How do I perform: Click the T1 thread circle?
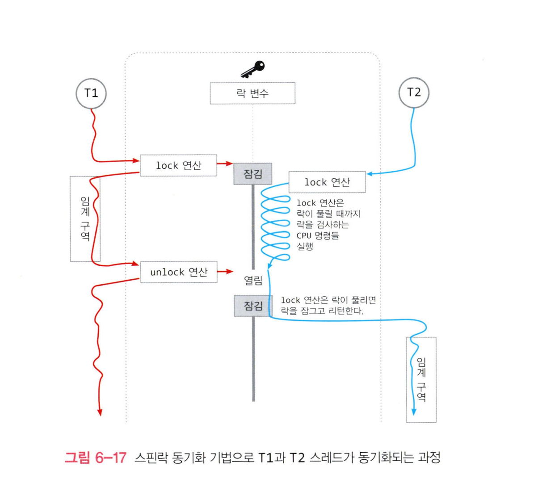(91, 93)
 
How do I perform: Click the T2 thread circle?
(414, 92)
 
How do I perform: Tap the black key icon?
(252, 69)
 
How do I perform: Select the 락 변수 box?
(252, 93)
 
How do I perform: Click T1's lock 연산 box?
(178, 165)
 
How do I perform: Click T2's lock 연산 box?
(327, 182)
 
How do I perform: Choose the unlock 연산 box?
(178, 272)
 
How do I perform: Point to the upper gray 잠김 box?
(253, 174)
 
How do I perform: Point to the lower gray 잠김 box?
(253, 306)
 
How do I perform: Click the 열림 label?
(253, 281)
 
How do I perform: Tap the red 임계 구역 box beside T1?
(85, 218)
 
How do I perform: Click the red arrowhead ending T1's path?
(100, 412)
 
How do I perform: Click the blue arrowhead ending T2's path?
(414, 411)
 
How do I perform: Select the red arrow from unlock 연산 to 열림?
(225, 272)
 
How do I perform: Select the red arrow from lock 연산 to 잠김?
(225, 164)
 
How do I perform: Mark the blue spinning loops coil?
(275, 223)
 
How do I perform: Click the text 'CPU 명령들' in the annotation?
(318, 235)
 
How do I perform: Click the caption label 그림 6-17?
(95, 458)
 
